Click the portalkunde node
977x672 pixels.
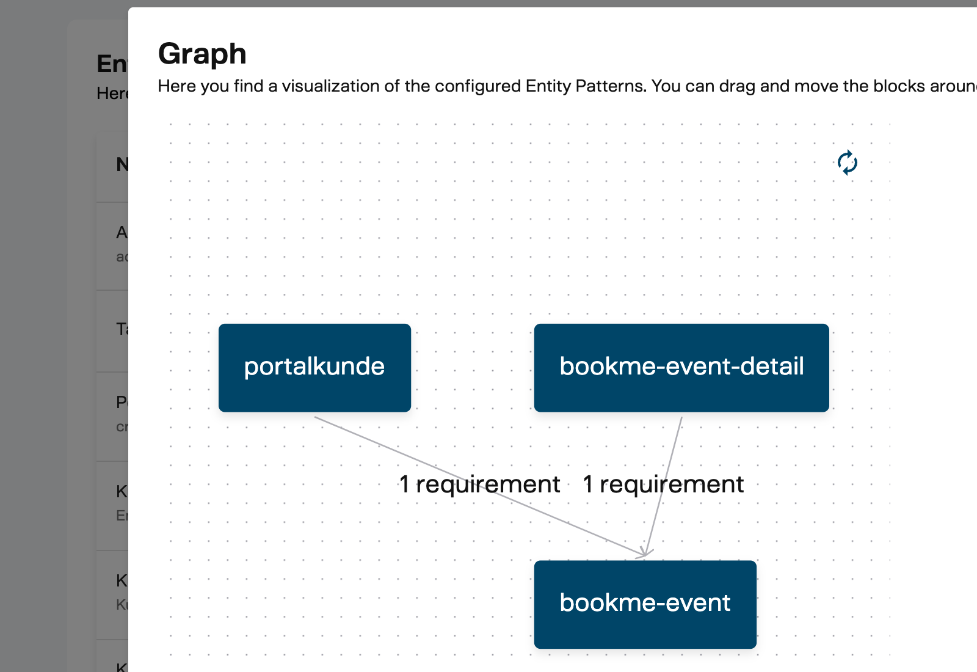(314, 367)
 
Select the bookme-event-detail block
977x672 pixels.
(681, 367)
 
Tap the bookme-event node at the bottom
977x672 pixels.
(645, 604)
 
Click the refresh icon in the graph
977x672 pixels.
(848, 163)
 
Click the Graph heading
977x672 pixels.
(202, 54)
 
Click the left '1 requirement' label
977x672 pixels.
(479, 484)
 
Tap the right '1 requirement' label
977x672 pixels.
(663, 484)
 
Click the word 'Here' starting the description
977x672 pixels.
(176, 86)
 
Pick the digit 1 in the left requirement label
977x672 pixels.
(404, 484)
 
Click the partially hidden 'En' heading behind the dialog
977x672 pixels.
(112, 64)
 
